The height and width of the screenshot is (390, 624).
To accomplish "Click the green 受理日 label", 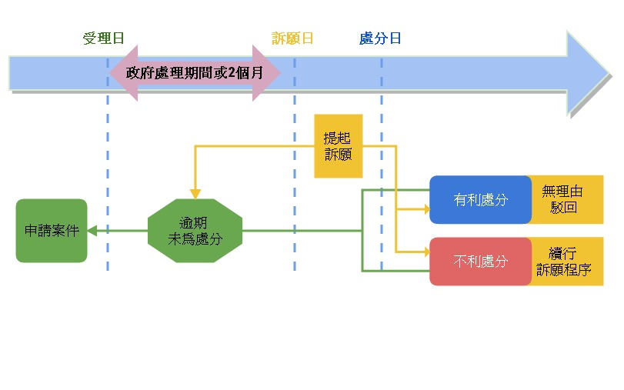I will (103, 39).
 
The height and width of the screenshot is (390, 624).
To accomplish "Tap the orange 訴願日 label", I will (292, 39).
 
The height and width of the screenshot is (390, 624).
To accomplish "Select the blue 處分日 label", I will (380, 39).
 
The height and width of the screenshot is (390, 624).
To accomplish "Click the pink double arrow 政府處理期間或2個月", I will (194, 73).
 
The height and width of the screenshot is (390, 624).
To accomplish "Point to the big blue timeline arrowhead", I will (588, 72).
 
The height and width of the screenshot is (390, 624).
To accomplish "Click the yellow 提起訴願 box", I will (339, 146).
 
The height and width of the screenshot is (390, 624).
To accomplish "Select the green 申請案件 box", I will (52, 231).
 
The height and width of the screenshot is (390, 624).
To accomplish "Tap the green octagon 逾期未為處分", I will (195, 231).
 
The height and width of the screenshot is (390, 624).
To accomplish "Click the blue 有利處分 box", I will (480, 200).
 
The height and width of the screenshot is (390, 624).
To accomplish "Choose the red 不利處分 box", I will (480, 262).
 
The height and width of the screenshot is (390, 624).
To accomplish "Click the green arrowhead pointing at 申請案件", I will (92, 231).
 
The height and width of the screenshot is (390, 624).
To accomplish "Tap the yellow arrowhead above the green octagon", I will (195, 194).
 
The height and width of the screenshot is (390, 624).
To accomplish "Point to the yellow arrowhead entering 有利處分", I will (425, 208).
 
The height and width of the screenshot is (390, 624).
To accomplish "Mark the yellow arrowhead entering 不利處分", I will (425, 252).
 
